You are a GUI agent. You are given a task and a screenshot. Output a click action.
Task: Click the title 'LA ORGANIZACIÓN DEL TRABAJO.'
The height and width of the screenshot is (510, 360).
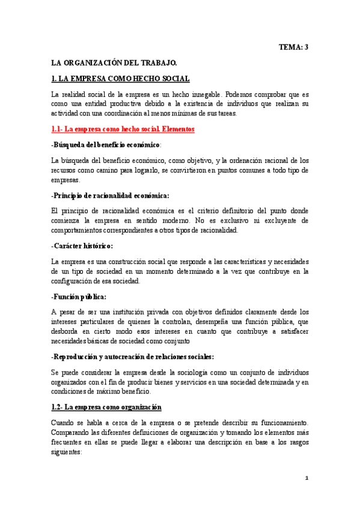114,63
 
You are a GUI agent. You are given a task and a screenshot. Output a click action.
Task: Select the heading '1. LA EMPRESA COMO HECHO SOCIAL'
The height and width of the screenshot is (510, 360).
121,79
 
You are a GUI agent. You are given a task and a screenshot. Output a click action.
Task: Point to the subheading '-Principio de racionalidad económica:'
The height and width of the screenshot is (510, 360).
110,195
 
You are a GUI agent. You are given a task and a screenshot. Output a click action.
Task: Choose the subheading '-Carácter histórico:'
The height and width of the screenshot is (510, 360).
82,246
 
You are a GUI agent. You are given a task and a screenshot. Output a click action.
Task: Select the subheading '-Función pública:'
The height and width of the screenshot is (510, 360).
79,296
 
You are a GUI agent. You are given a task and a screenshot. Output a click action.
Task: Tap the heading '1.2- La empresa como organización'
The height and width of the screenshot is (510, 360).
106,407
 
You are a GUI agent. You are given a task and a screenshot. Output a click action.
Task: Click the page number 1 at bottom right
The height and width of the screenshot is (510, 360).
306,478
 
